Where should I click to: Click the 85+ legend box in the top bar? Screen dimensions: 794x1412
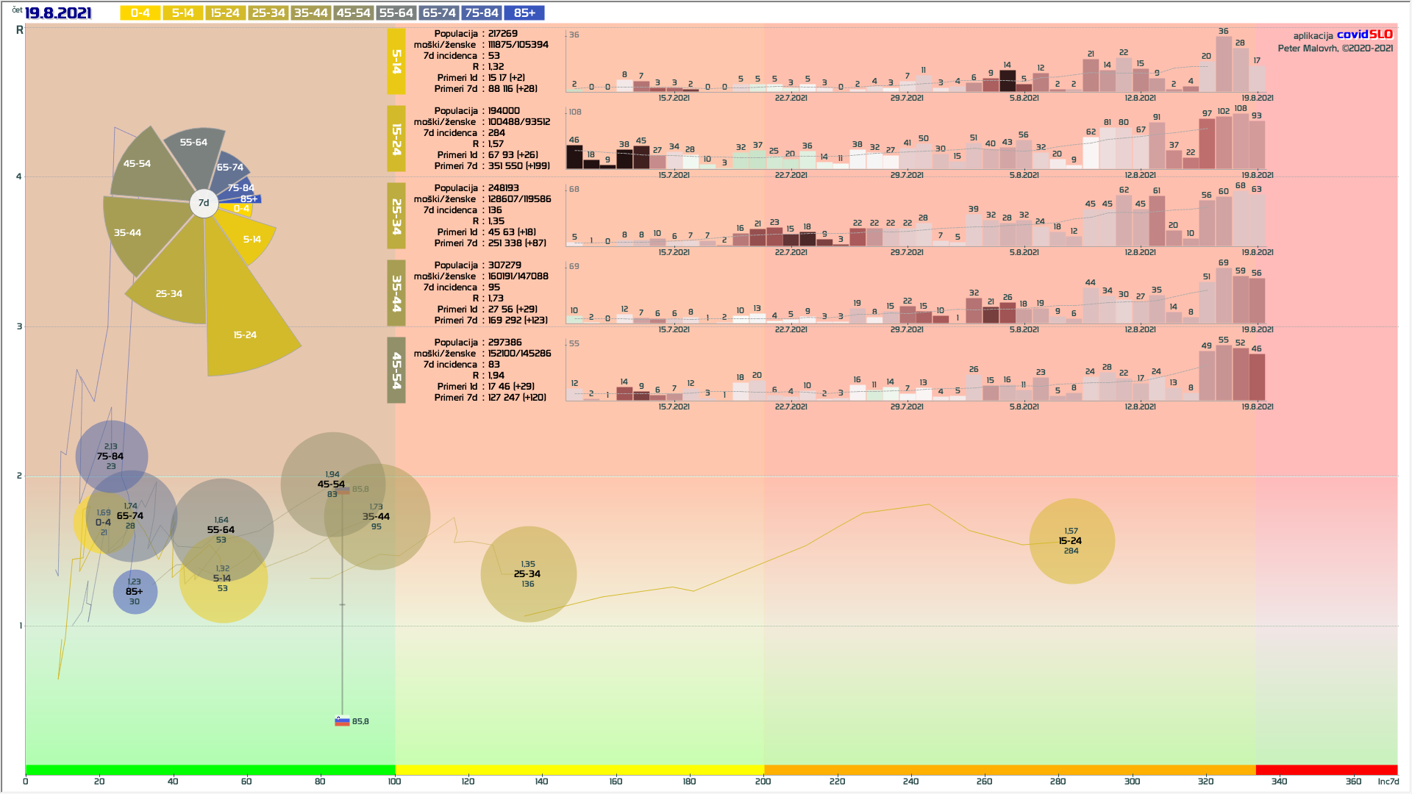524,13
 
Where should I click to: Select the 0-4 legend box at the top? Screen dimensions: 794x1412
140,13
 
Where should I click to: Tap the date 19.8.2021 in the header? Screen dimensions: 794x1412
58,13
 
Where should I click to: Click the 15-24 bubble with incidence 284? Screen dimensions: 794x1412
1072,541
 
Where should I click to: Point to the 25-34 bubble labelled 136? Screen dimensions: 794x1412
528,574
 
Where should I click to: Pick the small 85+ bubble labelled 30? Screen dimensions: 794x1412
135,592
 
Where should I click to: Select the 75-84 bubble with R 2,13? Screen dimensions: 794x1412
111,457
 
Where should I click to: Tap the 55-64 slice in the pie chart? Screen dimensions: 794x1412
194,151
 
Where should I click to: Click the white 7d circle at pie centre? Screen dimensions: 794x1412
204,203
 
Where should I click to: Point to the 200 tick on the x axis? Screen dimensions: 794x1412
763,782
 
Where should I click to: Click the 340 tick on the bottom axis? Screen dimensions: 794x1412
1280,782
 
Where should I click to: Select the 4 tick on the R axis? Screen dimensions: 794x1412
19,176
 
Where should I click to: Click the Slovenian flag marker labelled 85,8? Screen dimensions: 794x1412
342,721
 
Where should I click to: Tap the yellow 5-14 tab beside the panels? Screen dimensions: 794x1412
396,62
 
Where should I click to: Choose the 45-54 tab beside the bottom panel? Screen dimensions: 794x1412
396,371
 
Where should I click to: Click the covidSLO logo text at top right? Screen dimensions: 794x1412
1364,35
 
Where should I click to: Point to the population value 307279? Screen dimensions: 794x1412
504,265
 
